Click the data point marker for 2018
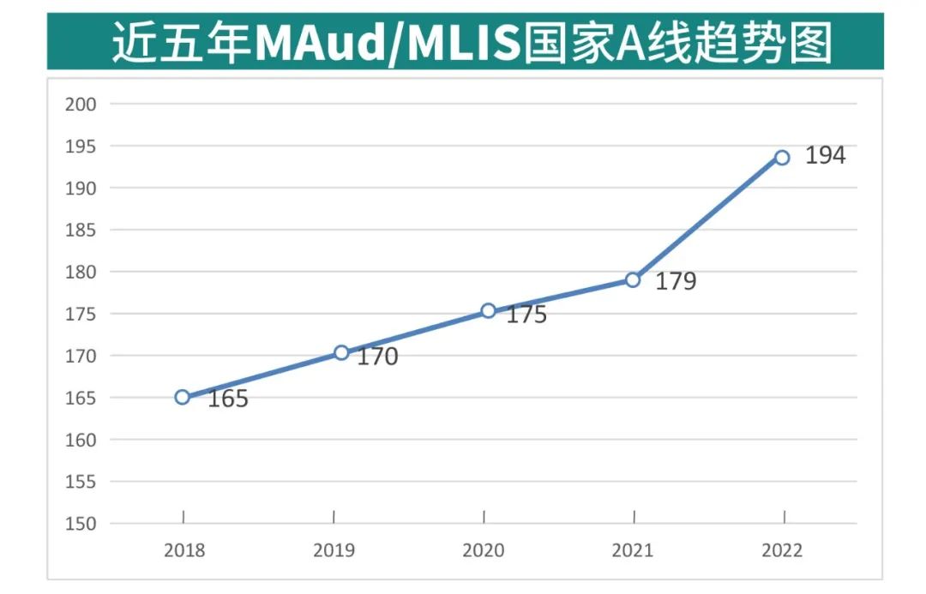183,397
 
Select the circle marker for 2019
341,352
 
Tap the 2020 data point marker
488,310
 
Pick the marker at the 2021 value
633,279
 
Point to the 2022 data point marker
782,158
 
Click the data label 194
825,156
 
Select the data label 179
676,281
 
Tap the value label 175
526,315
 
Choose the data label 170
377,357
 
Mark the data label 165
228,399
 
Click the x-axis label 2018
184,550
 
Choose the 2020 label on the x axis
484,550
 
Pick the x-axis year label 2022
782,550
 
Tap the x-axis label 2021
633,550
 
